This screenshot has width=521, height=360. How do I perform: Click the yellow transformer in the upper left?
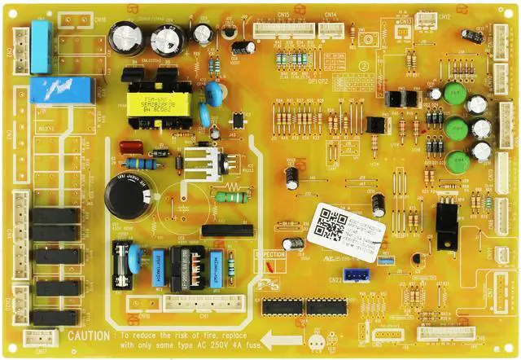(158, 103)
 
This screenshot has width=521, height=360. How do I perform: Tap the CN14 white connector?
(331, 29)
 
